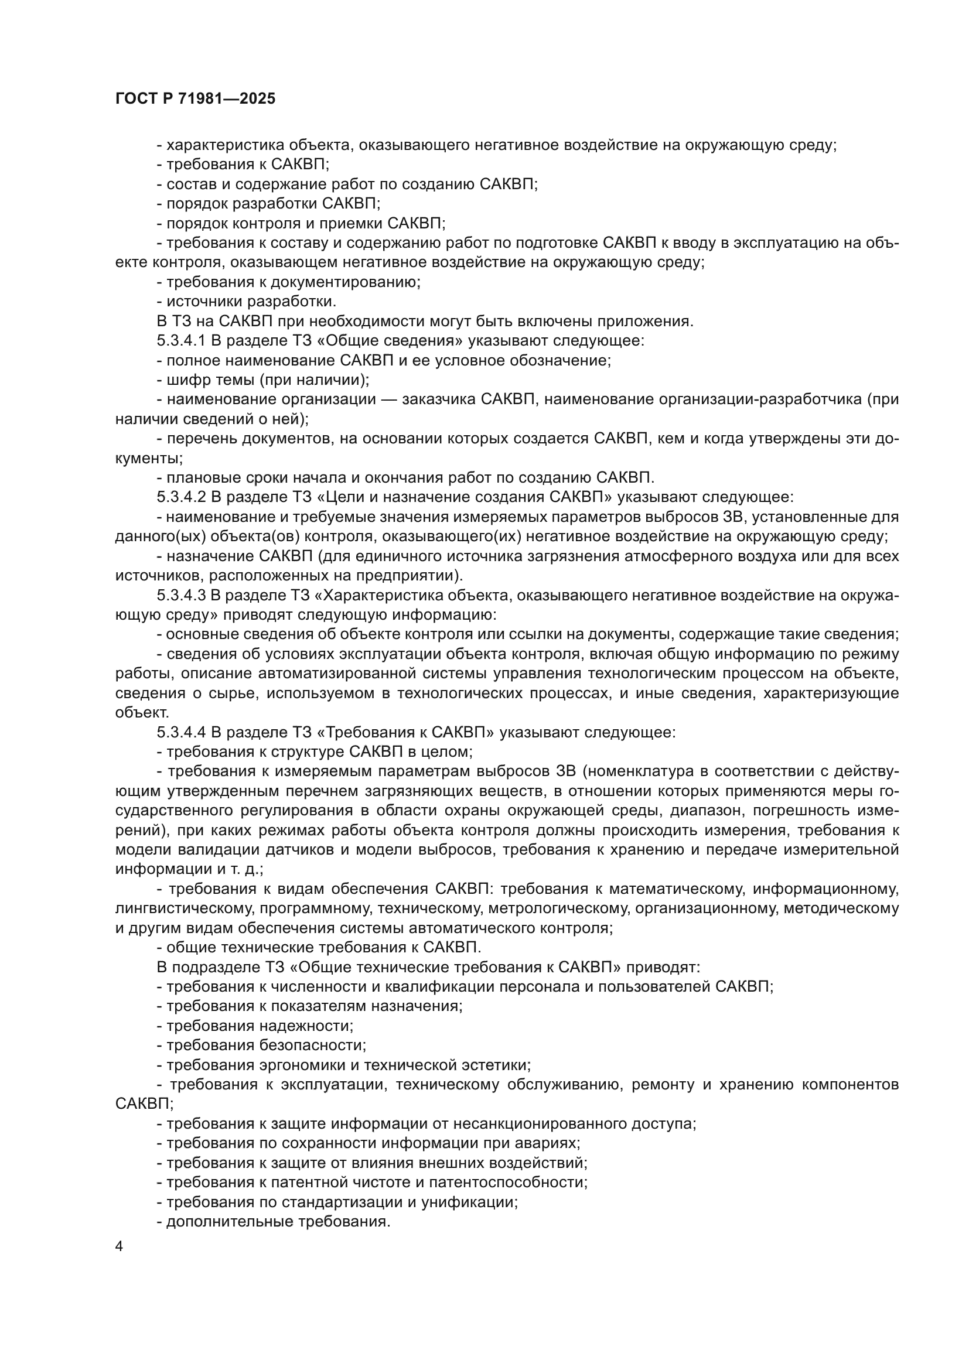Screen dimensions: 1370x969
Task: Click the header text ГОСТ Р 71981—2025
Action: click(195, 99)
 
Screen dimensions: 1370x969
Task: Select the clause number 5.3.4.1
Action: click(181, 341)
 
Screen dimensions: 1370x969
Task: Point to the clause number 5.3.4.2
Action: click(181, 497)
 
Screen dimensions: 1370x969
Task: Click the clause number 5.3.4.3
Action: click(181, 595)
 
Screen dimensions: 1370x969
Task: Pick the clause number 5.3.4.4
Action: click(181, 732)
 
